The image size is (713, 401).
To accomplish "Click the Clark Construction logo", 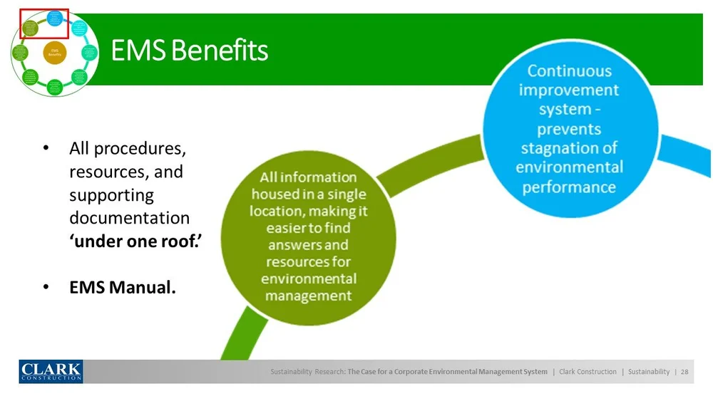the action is [x=51, y=371].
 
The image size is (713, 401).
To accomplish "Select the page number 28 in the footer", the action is [x=684, y=372].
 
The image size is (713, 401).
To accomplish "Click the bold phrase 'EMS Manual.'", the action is [x=123, y=288].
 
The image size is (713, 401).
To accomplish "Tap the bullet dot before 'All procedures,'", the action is [x=45, y=149].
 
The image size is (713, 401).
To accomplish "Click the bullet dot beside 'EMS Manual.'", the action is [x=45, y=288].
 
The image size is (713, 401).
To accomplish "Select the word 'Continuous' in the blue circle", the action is [x=569, y=71].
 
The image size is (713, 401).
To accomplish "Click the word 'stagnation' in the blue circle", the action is [x=569, y=149].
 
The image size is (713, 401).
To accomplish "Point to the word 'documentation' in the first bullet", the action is [x=129, y=218].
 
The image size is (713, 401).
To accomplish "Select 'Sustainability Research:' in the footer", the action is [x=308, y=372].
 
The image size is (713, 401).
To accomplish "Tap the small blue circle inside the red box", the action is [x=54, y=17].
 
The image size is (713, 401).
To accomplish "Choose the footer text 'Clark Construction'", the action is [x=588, y=372].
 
